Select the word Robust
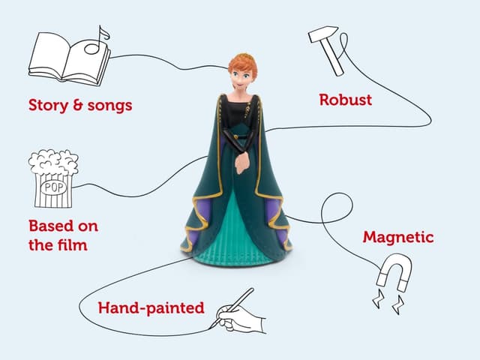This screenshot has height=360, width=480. (x=345, y=100)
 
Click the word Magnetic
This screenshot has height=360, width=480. (x=398, y=237)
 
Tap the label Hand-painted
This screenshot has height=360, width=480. (x=151, y=307)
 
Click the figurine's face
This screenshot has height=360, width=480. (x=241, y=79)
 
